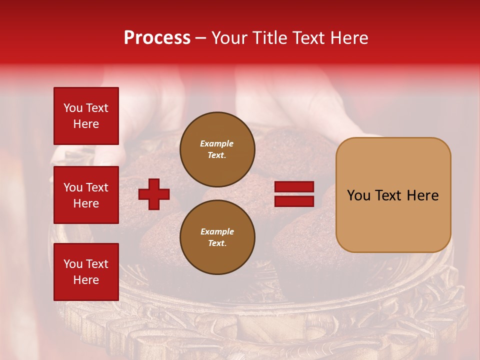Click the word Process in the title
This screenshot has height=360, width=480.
pyautogui.click(x=157, y=38)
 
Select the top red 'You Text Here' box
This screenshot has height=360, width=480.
pyautogui.click(x=86, y=116)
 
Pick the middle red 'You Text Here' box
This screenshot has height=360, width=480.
pyautogui.click(x=86, y=195)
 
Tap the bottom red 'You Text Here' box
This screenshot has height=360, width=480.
pyautogui.click(x=86, y=272)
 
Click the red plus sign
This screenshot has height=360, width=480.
pyautogui.click(x=154, y=194)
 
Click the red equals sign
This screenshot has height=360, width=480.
pyautogui.click(x=294, y=194)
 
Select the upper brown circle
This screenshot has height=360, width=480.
pyautogui.click(x=217, y=149)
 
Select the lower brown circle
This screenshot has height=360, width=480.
pyautogui.click(x=217, y=237)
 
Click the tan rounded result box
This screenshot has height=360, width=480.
pyautogui.click(x=393, y=195)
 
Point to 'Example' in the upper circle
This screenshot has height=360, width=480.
pyautogui.click(x=217, y=144)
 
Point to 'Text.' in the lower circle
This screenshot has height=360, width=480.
pyautogui.click(x=217, y=243)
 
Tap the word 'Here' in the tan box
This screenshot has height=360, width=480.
pyautogui.click(x=422, y=195)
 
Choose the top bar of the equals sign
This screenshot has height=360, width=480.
pyautogui.click(x=294, y=187)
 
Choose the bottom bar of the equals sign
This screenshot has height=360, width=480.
pyautogui.click(x=294, y=201)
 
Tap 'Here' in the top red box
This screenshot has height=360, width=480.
pyautogui.click(x=86, y=124)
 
